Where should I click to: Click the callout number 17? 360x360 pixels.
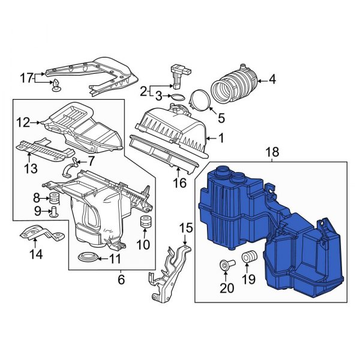pos(25,77)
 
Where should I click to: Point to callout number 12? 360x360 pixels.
pos(22,123)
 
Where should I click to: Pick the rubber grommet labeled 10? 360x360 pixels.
pos(145,223)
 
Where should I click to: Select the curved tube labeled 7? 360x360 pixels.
pos(71,168)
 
